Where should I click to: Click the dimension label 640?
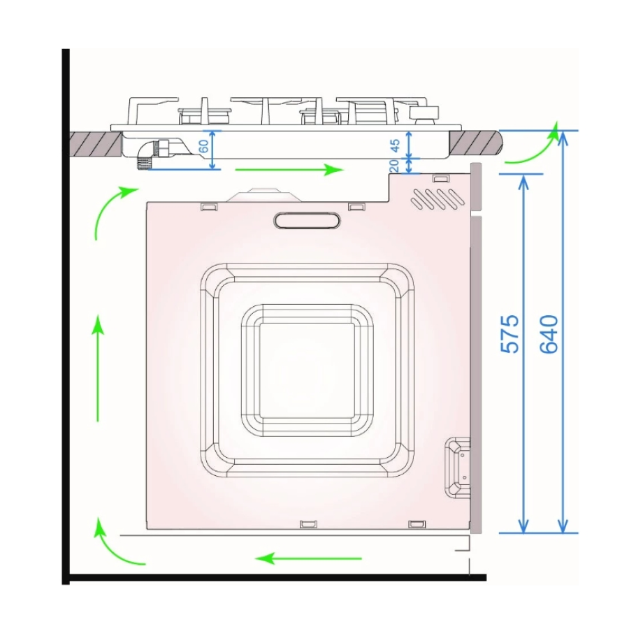point(549,334)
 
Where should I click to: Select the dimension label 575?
point(510,334)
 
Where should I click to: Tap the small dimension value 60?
point(204,146)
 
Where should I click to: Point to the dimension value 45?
point(395,145)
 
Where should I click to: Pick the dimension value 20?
point(393,165)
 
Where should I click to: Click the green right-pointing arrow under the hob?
point(289,170)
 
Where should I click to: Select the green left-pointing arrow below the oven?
point(308,558)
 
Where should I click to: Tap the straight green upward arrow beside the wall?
point(97,368)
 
